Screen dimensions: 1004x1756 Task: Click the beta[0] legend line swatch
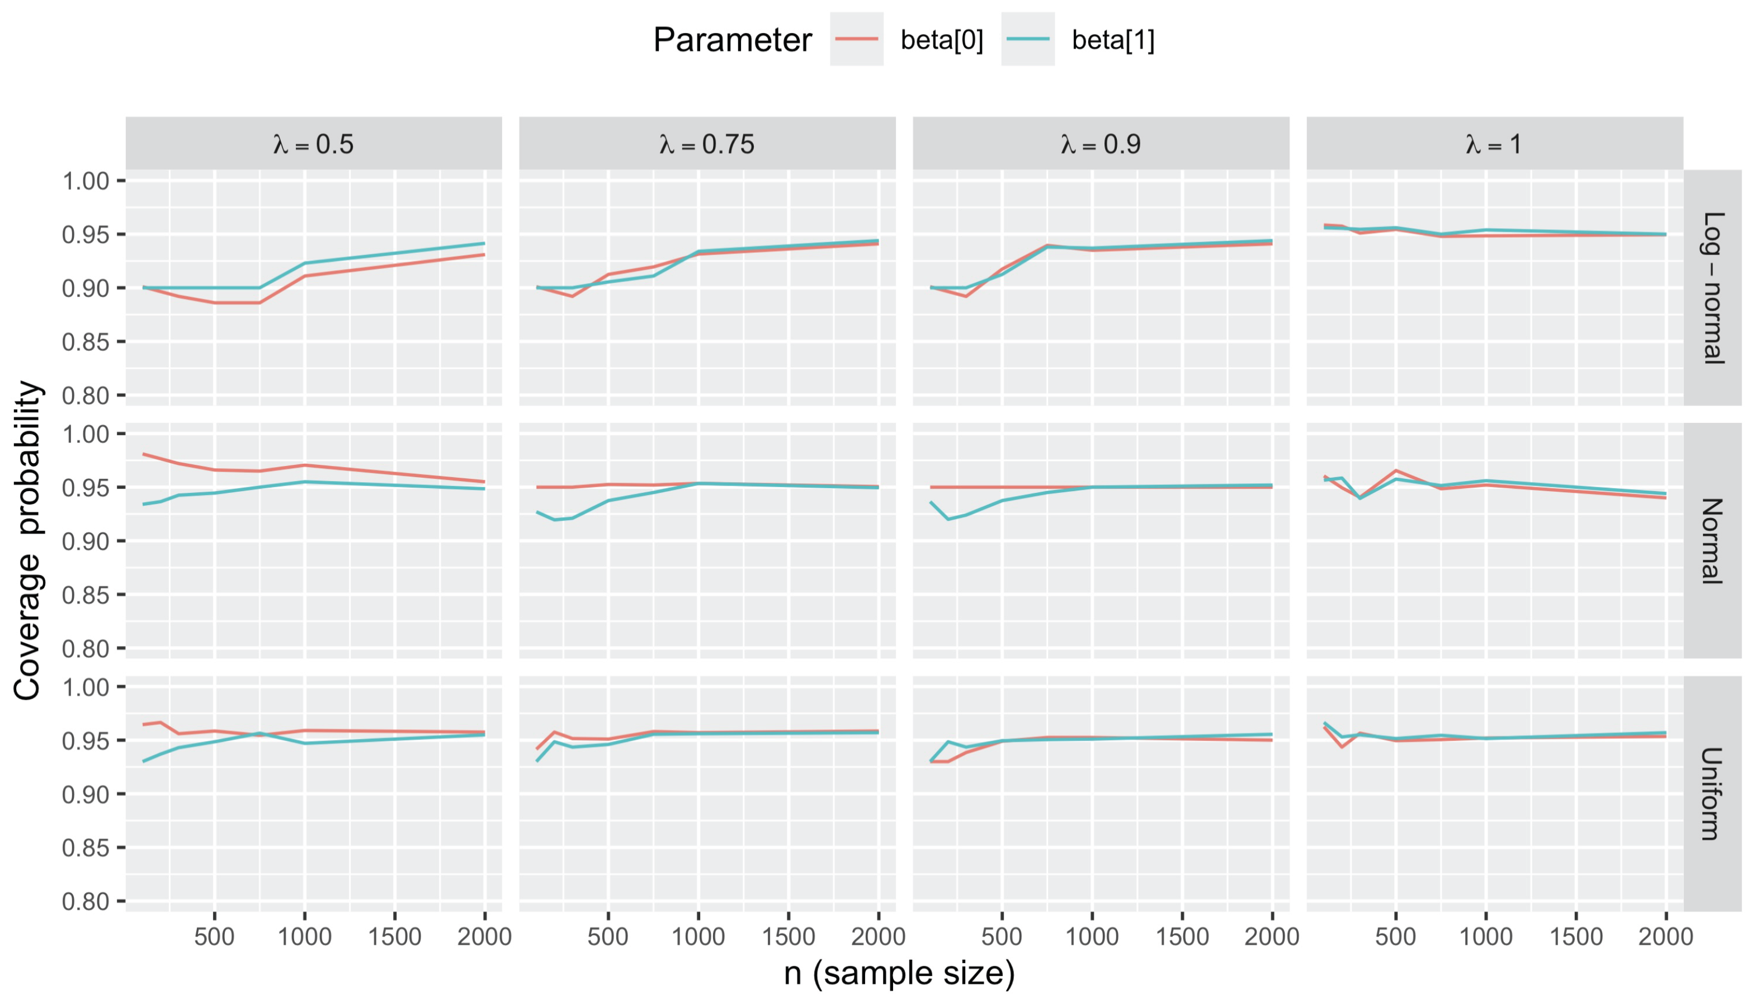tap(856, 39)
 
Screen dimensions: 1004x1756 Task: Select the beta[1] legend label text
tap(1113, 40)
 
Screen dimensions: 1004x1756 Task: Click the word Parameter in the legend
tap(732, 40)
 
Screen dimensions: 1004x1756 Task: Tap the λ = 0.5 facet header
tap(313, 144)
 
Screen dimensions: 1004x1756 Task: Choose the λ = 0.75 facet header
tap(707, 144)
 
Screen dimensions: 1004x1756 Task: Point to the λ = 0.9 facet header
tap(1101, 144)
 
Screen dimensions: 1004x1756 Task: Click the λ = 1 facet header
tap(1494, 144)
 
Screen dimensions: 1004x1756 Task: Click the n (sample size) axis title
tap(899, 974)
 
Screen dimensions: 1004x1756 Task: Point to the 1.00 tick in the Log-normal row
tap(86, 181)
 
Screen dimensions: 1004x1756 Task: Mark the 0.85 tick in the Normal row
tap(86, 595)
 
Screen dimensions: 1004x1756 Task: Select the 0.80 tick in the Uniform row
tap(86, 901)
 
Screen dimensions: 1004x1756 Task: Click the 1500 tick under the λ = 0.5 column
tap(394, 936)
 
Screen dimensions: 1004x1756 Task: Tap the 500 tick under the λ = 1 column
tap(1395, 936)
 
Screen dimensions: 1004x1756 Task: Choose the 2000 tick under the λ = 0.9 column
tap(1271, 936)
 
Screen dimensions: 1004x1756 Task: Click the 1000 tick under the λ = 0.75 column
tap(698, 936)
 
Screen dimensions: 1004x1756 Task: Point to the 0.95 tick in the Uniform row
tap(86, 741)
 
